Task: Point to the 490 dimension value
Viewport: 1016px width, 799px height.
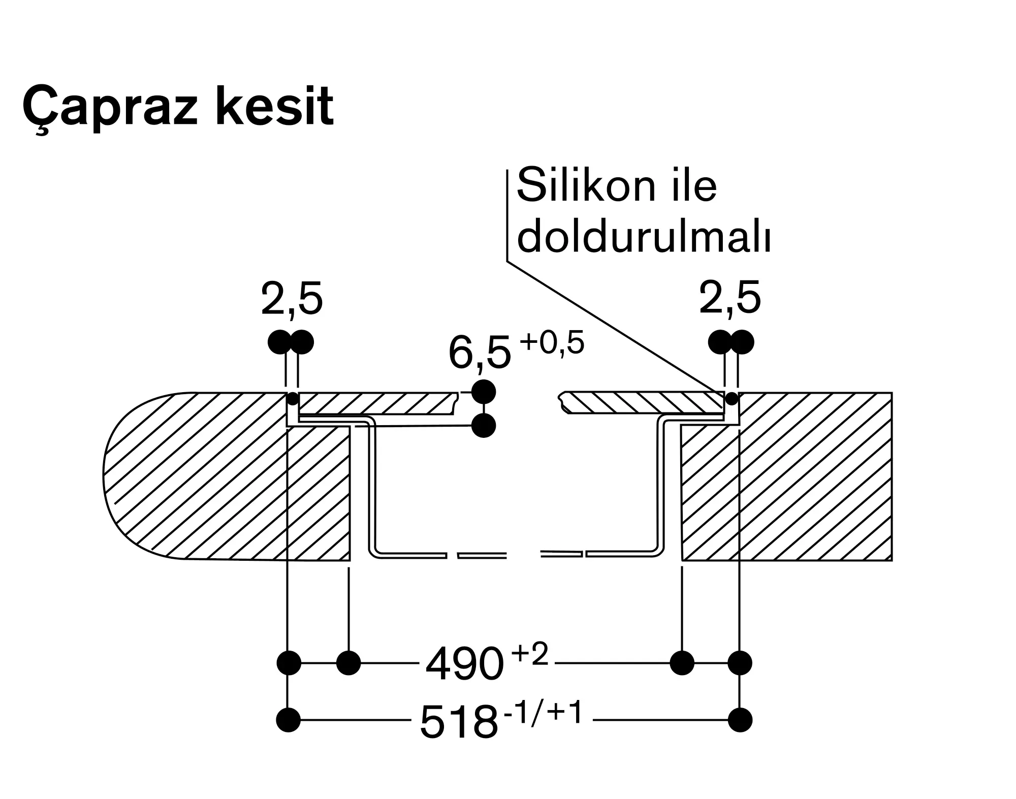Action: pos(464,665)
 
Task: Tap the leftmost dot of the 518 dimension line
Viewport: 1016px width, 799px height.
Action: pos(289,720)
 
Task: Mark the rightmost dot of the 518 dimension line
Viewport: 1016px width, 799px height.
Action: pos(740,720)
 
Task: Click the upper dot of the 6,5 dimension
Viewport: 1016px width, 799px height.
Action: pos(484,392)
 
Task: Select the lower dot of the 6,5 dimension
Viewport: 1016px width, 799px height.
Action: pos(484,426)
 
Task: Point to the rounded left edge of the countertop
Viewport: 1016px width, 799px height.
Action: pos(104,476)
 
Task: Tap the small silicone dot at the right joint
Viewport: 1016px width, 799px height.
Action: pos(732,399)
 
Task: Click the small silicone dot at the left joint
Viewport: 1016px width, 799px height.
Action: pos(293,399)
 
